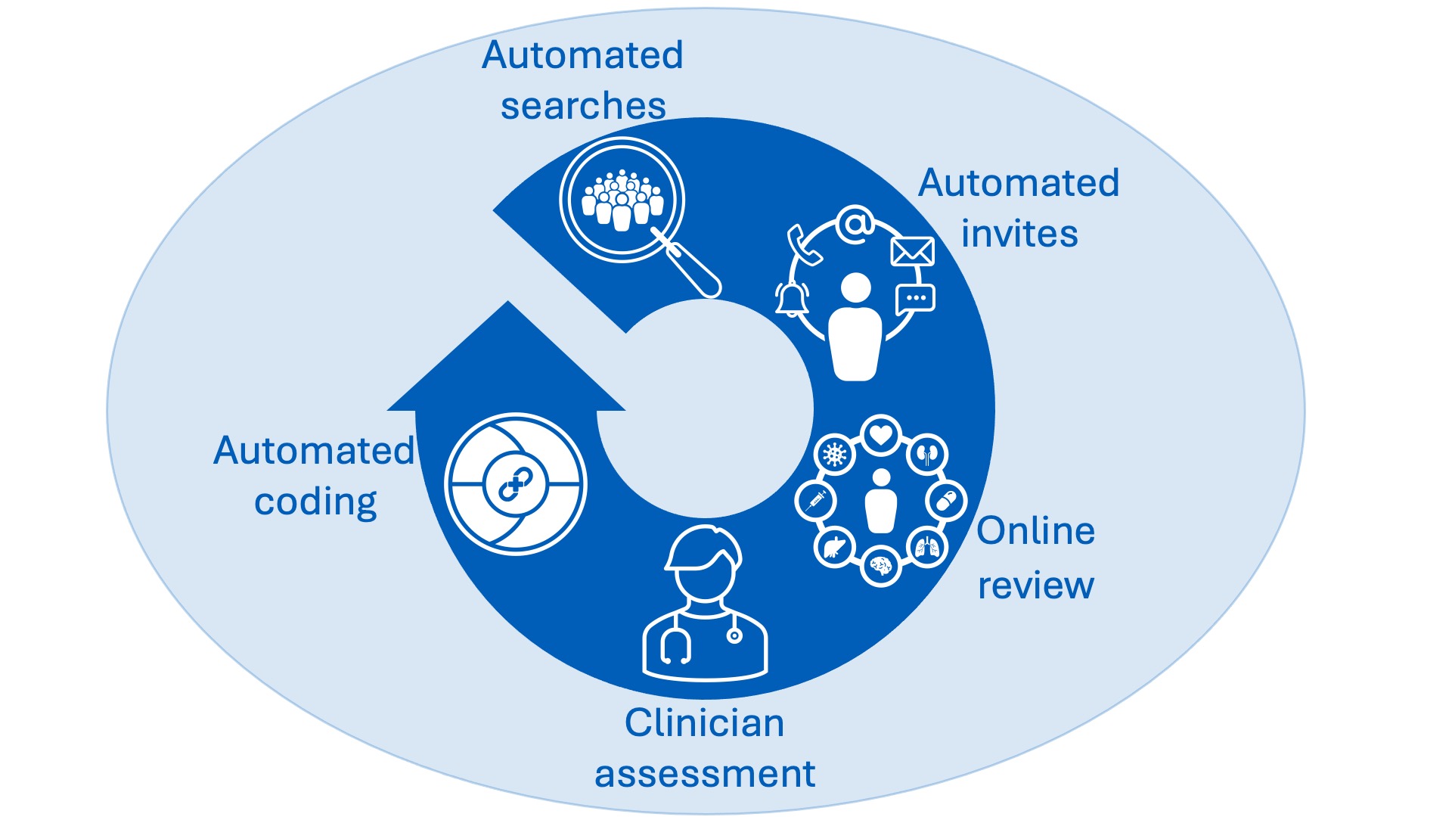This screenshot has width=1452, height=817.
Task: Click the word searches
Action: point(583,106)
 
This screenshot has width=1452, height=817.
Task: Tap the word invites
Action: point(1019,234)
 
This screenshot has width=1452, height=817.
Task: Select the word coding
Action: point(315,502)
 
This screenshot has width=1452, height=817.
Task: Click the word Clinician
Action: point(704,722)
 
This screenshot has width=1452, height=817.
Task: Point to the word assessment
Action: point(705,774)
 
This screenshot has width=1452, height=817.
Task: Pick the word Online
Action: point(1035,531)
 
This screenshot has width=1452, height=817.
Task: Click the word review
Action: point(1035,586)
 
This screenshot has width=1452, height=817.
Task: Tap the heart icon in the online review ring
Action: point(881,435)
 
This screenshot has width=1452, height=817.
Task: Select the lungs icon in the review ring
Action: point(927,547)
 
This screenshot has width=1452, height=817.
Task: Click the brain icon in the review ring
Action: point(881,566)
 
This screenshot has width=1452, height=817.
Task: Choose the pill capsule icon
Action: point(947,501)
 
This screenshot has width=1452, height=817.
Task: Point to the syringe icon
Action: point(816,501)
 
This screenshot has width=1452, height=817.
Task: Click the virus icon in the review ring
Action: point(835,455)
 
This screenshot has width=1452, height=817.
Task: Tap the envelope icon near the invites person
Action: point(912,251)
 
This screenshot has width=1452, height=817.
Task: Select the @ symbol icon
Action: point(855,225)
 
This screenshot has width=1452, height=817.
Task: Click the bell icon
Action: point(792,298)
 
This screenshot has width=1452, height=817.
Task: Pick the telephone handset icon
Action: point(803,246)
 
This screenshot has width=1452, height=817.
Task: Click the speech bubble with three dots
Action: point(915,299)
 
